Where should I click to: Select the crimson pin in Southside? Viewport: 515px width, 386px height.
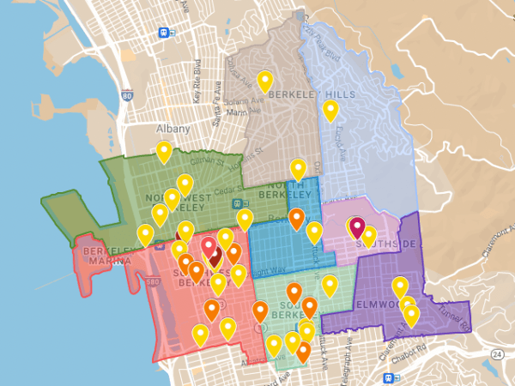click(357, 228)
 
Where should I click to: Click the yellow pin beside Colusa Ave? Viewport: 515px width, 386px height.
click(265, 81)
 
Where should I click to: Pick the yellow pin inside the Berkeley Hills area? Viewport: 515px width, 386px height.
click(330, 110)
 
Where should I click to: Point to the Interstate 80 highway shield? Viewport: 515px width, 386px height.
click(127, 96)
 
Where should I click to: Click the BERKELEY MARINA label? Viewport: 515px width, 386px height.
click(107, 256)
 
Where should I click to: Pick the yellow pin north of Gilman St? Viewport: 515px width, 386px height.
click(163, 152)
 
